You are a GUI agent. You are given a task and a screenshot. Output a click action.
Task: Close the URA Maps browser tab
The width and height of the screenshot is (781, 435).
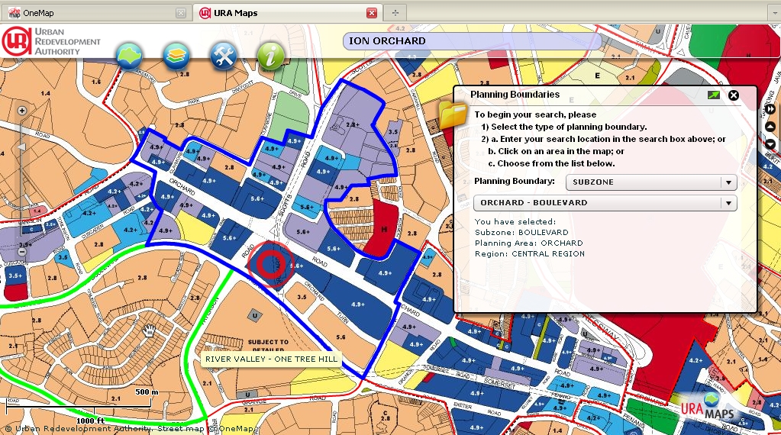point(372,13)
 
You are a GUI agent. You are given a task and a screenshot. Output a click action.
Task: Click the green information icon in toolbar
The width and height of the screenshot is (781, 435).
point(270,56)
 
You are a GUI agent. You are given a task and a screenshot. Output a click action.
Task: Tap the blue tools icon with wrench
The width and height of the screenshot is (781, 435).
point(224,56)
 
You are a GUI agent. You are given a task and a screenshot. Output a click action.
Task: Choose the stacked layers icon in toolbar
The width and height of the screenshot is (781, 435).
point(176,56)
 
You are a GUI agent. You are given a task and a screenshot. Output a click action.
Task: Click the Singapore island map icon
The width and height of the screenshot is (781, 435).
point(130,56)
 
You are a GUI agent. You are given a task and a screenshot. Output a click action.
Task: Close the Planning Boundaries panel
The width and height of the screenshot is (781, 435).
point(734,95)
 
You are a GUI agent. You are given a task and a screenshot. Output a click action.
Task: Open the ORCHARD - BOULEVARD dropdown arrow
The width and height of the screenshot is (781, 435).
point(729,203)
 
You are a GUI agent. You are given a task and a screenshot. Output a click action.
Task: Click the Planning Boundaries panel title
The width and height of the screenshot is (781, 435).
point(515,95)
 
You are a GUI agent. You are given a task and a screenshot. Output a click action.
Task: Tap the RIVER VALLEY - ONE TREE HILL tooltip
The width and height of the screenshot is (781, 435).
point(271,359)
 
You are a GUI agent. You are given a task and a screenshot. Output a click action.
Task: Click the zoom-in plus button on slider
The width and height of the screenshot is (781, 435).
point(22,110)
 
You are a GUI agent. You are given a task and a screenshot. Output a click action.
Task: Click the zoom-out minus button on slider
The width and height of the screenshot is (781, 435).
point(22,252)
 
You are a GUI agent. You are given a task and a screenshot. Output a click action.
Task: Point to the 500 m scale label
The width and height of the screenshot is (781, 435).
point(147,391)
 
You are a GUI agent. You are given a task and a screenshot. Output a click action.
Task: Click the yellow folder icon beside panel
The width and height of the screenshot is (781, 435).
point(452,115)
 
